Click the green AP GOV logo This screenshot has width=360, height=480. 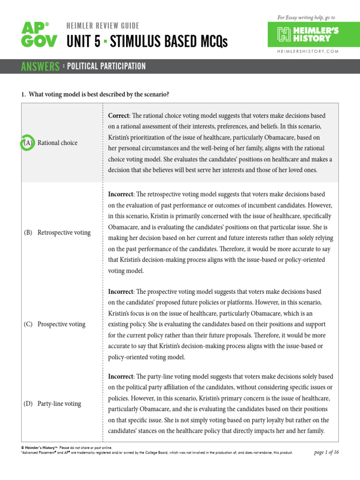tap(39, 34)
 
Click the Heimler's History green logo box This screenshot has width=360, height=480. tap(307, 35)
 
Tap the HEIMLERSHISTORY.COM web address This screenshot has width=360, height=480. tap(307, 52)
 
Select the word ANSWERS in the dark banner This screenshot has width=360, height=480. tap(40, 67)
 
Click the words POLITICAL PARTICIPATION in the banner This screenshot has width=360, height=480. tap(106, 67)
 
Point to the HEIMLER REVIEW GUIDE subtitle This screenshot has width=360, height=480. tap(103, 26)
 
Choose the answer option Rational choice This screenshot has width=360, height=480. tap(58, 142)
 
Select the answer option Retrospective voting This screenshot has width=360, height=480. tap(64, 232)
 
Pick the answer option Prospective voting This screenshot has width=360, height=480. tap(61, 324)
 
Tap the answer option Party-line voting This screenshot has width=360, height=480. tap(59, 404)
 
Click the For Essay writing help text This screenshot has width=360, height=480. tap(306, 17)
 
